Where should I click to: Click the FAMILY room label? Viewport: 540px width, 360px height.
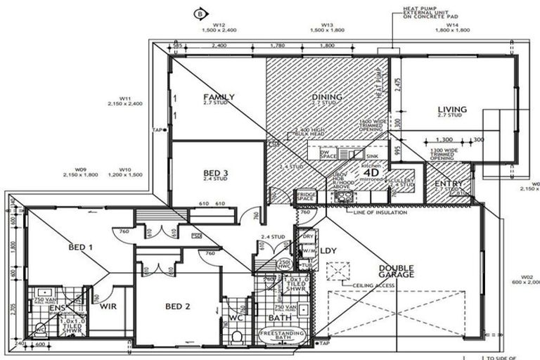tap(219, 97)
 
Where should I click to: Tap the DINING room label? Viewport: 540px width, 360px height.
tap(326, 97)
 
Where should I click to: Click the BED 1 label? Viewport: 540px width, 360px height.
tap(81, 247)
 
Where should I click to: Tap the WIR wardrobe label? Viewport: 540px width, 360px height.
tap(108, 307)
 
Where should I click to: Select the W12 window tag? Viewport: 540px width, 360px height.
tap(205, 25)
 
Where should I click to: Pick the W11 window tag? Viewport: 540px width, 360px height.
tap(127, 98)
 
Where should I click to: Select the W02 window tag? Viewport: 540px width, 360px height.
tap(528, 276)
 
